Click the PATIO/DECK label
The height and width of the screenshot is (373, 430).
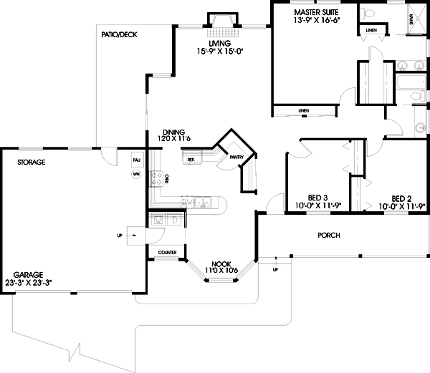point(120,34)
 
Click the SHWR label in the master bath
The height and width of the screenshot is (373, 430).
point(411,21)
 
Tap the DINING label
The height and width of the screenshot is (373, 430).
point(174,132)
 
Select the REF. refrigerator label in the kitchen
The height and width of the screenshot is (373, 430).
point(191,159)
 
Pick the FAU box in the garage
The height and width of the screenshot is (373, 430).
point(136,161)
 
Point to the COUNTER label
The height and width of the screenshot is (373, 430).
point(167,253)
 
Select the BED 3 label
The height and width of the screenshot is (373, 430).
point(318,198)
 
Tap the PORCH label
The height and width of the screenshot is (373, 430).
point(328,235)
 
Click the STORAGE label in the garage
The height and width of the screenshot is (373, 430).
point(32,163)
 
